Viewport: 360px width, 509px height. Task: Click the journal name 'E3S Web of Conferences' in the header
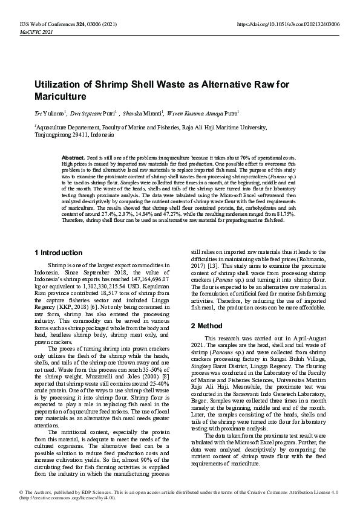point(38,24)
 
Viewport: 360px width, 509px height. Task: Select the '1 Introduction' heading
point(59,253)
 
